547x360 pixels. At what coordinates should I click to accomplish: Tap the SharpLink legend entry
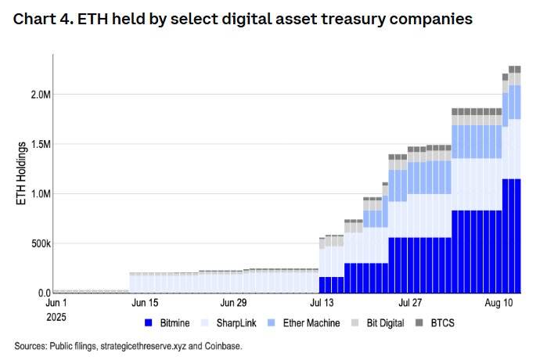click(232, 322)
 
